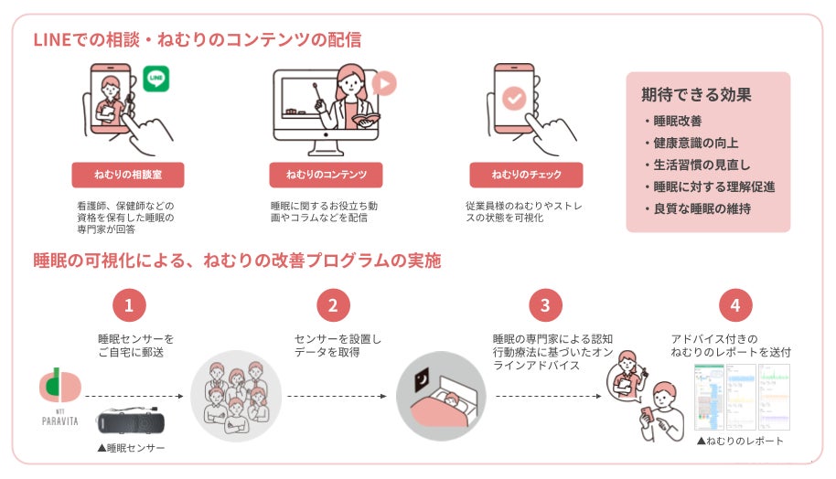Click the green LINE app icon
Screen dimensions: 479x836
click(x=156, y=79)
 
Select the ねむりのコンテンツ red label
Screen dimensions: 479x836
click(x=326, y=175)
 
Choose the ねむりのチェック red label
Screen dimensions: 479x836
click(x=526, y=175)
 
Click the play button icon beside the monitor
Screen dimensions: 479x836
click(x=383, y=84)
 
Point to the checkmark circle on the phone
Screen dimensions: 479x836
click(x=515, y=98)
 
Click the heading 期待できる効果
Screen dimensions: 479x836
click(x=696, y=94)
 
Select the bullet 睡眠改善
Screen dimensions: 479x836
click(x=677, y=121)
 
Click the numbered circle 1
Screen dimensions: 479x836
click(x=129, y=305)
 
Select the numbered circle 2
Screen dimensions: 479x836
click(x=333, y=305)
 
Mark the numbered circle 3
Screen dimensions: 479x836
click(x=545, y=305)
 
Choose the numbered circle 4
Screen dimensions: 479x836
click(x=735, y=305)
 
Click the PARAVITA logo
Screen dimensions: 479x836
click(x=60, y=395)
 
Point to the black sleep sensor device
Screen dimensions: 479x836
click(x=131, y=424)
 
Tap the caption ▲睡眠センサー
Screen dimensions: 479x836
click(x=131, y=449)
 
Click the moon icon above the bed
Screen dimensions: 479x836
click(x=422, y=376)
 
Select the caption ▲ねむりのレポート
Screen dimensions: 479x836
click(x=740, y=442)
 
